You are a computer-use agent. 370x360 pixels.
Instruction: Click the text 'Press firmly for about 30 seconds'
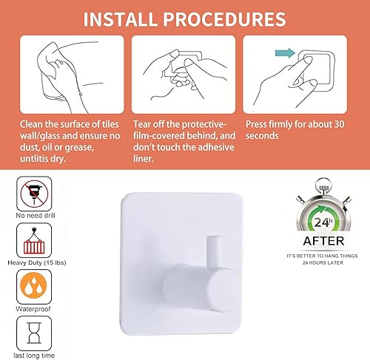[300, 130]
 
